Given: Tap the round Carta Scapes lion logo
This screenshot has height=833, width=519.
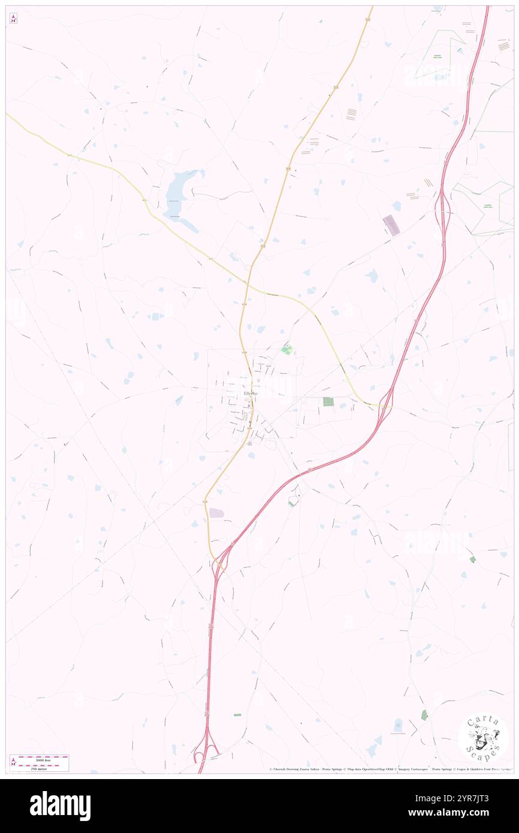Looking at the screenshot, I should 483,738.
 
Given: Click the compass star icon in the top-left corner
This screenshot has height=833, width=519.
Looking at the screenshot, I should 14,19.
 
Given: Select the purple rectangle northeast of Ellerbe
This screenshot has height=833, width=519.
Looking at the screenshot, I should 391,225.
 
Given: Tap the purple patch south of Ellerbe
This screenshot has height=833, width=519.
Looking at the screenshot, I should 216,513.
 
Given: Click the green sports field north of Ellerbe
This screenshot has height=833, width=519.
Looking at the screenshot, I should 286,349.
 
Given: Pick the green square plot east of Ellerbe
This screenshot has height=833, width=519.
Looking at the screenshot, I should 328,402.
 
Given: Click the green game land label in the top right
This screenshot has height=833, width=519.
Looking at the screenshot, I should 437,57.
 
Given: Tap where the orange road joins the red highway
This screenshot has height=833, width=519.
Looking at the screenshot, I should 219,560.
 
